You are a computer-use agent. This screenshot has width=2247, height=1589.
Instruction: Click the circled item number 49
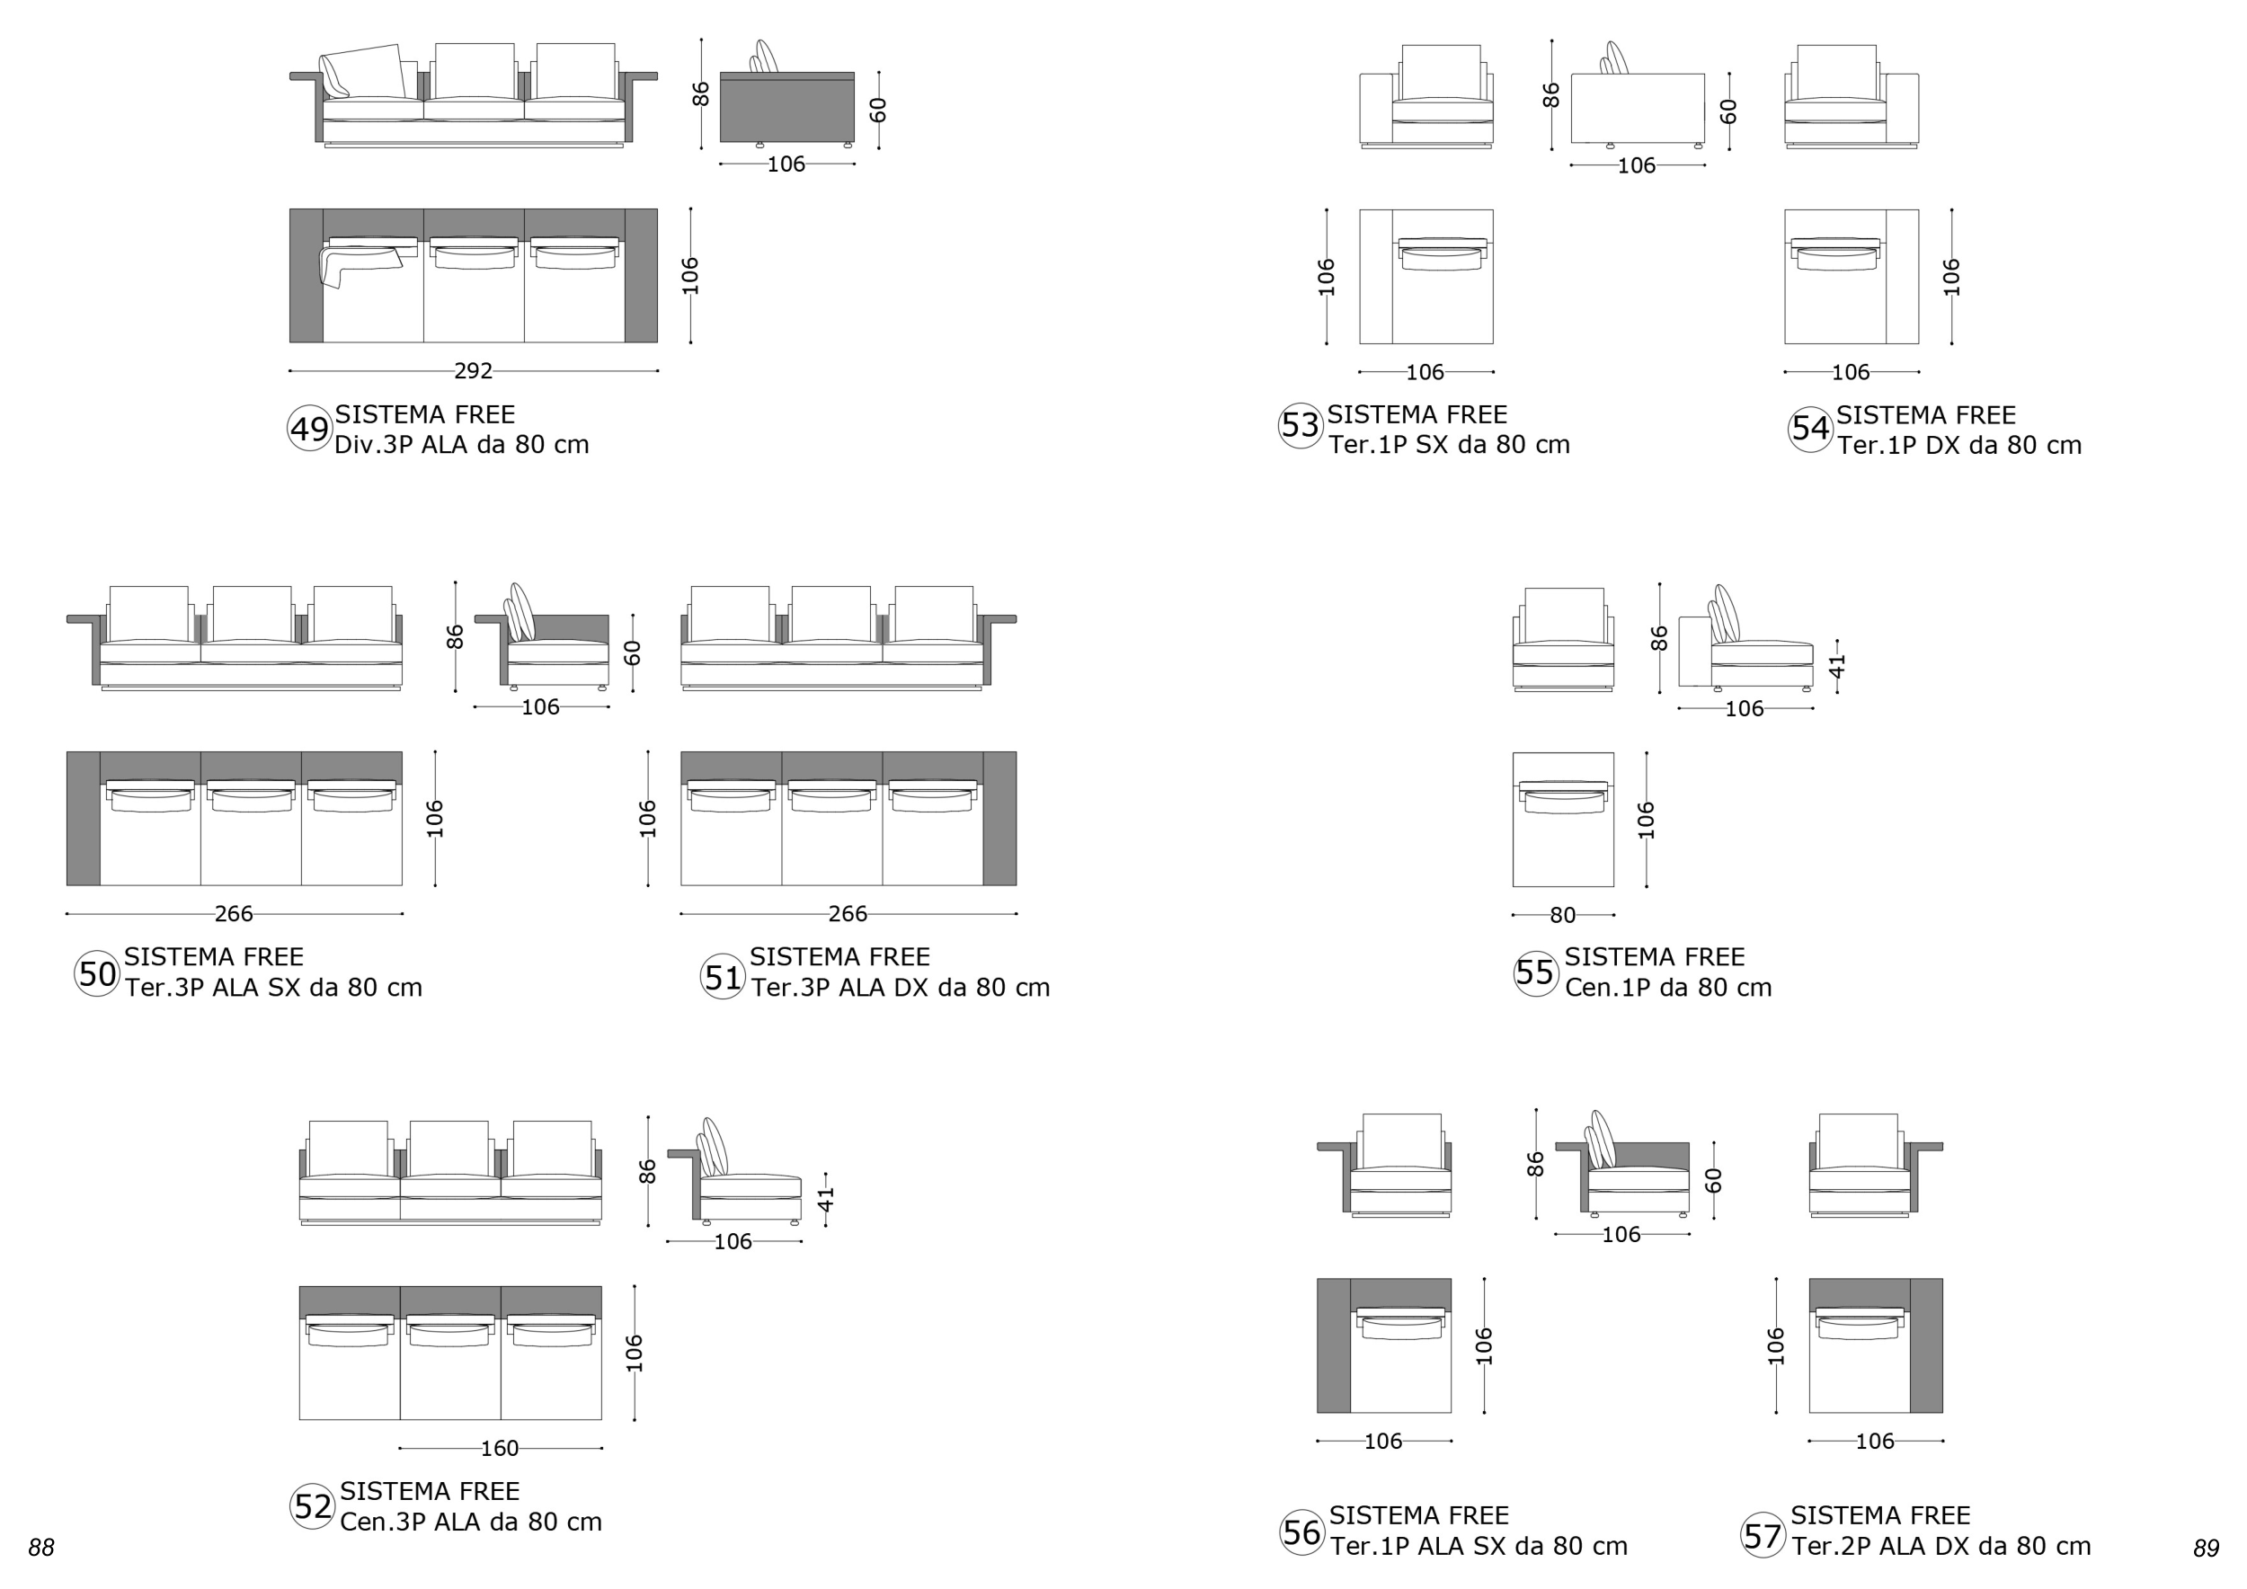point(309,430)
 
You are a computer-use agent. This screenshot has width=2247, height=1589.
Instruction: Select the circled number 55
point(1535,972)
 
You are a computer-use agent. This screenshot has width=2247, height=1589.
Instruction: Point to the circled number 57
point(1763,1535)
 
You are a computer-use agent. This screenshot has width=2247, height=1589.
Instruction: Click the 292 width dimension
point(474,371)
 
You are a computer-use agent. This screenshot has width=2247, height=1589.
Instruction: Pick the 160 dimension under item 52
point(500,1448)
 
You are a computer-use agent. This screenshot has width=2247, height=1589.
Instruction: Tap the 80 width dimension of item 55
point(1563,915)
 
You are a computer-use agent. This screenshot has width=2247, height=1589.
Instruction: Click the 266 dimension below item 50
point(234,914)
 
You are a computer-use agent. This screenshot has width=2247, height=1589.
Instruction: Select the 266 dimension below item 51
point(848,914)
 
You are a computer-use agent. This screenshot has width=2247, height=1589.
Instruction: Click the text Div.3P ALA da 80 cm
point(462,445)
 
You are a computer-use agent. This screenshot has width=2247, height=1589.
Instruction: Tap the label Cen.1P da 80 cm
point(1668,989)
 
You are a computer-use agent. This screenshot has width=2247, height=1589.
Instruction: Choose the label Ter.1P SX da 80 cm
point(1450,445)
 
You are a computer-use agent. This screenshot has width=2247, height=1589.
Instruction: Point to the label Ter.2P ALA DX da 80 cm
point(1941,1547)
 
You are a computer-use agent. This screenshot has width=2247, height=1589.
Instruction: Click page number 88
point(41,1548)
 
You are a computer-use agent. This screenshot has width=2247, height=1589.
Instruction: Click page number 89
point(2206,1549)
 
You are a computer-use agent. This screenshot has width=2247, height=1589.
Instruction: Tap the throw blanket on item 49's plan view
point(360,267)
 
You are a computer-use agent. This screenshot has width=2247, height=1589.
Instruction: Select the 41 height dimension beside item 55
point(1838,666)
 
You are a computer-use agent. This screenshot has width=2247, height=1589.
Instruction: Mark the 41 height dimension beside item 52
point(827,1200)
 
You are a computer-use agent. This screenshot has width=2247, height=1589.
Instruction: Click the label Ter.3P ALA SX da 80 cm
point(274,989)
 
